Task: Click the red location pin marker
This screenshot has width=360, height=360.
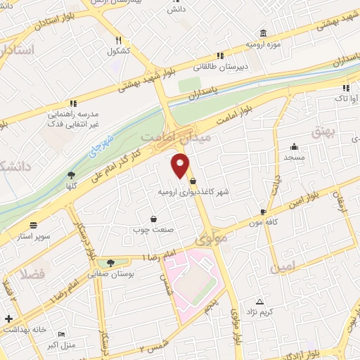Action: (181, 165)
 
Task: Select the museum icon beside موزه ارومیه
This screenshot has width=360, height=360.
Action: (263, 32)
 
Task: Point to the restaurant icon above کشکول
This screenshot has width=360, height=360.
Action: (118, 40)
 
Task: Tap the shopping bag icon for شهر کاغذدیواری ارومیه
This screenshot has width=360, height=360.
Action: (193, 181)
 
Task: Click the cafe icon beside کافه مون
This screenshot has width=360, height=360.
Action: (263, 212)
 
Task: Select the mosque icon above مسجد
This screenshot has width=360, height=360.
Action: (293, 147)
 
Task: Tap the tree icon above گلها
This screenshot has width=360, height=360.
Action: (70, 176)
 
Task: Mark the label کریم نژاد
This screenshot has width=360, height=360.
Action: (276, 311)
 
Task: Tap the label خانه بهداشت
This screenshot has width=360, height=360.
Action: (25, 329)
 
